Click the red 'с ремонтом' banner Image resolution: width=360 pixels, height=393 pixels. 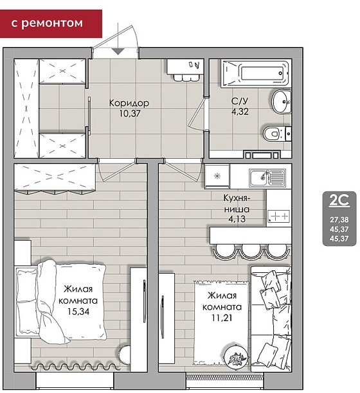click(51, 24)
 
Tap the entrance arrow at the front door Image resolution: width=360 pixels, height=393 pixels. click(118, 51)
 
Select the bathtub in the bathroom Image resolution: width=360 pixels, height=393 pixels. click(256, 73)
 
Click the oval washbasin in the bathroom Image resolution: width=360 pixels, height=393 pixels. click(282, 101)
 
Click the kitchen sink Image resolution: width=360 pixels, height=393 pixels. click(267, 178)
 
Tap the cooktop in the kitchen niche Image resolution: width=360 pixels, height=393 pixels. click(278, 216)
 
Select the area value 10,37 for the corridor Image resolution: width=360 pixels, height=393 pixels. click(130, 114)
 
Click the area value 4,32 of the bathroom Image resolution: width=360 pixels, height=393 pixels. click(240, 112)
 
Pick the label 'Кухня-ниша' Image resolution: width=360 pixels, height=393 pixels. click(237, 204)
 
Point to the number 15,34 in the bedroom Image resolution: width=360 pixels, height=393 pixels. click(78, 311)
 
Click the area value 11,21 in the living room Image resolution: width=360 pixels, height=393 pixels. click(222, 318)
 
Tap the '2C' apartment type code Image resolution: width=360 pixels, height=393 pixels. click(339, 200)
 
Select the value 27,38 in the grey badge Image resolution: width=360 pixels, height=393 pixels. click(339, 220)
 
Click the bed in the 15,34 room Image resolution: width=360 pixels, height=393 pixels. click(60, 301)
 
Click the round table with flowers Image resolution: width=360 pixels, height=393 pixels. click(236, 356)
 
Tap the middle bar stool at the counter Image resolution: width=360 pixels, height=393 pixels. click(251, 251)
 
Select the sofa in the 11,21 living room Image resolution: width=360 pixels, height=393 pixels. click(271, 319)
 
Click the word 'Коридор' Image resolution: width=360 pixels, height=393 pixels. click(129, 103)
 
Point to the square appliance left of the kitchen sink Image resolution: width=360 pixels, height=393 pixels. click(217, 176)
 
